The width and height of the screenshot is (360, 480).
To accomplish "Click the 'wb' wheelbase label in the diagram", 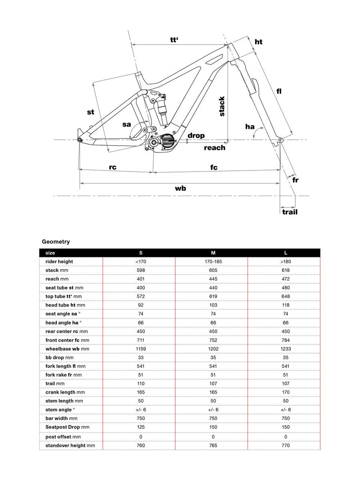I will click(x=180, y=188).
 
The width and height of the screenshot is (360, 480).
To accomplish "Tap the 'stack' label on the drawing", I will click(x=222, y=106).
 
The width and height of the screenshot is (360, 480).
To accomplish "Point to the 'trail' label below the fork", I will click(x=290, y=212).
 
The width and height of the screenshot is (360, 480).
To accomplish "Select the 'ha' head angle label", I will click(x=250, y=126).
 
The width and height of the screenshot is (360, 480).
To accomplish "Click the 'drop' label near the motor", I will click(x=196, y=136).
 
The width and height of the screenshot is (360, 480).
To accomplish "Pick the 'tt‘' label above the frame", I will click(x=174, y=40).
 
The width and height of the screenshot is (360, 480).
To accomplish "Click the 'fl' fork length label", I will click(x=279, y=91).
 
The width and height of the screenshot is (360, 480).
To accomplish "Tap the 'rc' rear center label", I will click(x=112, y=167).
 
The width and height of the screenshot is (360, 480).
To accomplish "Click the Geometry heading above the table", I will click(x=56, y=242).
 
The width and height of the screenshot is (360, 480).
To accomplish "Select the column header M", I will click(x=213, y=253).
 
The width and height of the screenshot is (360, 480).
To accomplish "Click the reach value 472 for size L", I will click(x=286, y=279).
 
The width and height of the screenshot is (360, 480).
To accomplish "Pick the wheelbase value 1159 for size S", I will click(x=140, y=349).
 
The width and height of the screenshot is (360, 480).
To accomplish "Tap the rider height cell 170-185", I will click(x=213, y=262).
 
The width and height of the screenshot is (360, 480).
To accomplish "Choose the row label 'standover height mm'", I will click(x=70, y=445).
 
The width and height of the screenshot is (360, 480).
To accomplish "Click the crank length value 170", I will click(x=286, y=392).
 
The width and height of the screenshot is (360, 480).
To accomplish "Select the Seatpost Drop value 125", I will click(x=140, y=427).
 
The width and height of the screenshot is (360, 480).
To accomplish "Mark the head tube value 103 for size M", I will click(x=213, y=305).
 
